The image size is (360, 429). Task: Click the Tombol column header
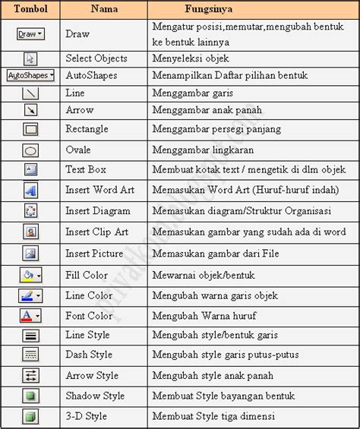30,9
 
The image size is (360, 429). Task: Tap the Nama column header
103,9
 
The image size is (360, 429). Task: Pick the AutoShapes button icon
30,76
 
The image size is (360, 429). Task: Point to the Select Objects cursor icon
30,58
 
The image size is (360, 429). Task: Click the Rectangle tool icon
30,129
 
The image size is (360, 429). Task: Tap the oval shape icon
30,150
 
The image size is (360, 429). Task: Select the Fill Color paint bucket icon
30,275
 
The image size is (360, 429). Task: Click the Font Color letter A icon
30,315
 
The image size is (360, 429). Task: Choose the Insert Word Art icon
30,191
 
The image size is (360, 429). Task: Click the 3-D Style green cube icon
30,416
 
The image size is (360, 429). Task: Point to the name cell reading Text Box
87,169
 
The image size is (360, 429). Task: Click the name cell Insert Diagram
97,211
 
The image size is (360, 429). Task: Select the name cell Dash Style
89,355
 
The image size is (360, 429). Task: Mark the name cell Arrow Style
92,375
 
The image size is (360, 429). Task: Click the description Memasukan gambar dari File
214,254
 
